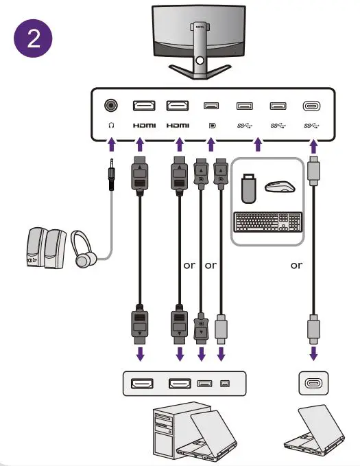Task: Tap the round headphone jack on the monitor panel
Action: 110,106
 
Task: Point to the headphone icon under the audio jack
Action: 110,126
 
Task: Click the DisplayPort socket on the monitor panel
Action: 211,106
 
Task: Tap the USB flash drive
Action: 250,187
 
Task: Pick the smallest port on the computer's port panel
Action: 224,382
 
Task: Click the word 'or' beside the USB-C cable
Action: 296,266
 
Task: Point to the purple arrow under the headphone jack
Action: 110,145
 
